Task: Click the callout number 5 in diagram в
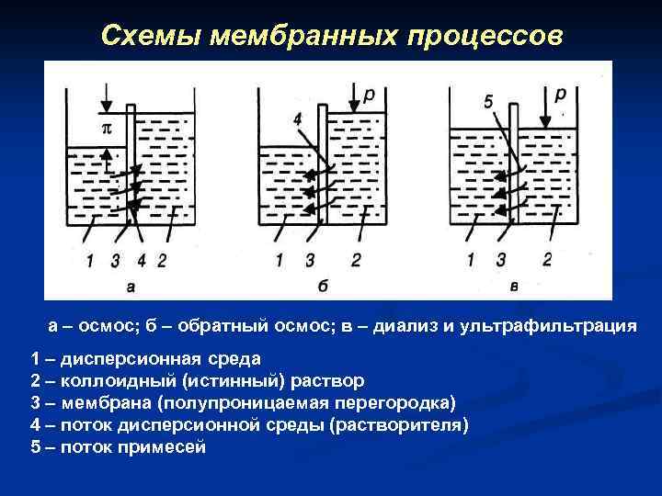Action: click(x=488, y=102)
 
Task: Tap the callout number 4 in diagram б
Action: click(x=298, y=118)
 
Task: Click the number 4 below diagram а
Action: click(x=141, y=261)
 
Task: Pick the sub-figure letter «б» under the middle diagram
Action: click(x=324, y=286)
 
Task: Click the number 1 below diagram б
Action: click(x=279, y=261)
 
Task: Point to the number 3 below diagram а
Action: click(x=115, y=261)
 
